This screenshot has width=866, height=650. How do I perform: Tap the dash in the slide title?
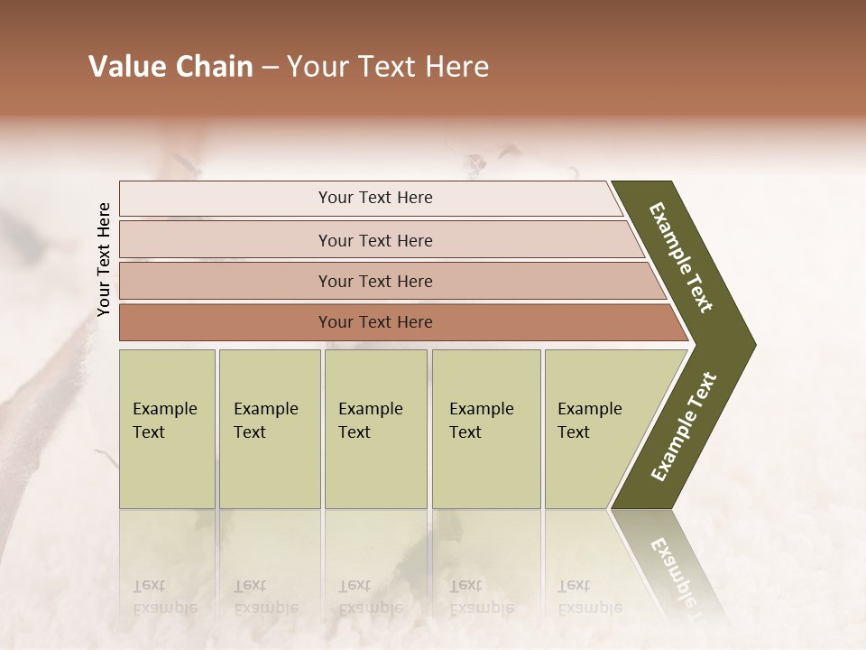[x=270, y=68]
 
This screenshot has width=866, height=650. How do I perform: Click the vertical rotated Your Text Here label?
[x=104, y=260]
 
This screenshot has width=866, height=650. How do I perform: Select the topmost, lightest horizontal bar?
[x=374, y=198]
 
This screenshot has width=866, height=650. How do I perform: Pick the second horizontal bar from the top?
[x=374, y=240]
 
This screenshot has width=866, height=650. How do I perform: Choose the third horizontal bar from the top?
[x=374, y=281]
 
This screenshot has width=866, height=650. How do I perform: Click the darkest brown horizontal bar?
[x=374, y=322]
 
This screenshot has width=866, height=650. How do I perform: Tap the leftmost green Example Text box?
[x=167, y=429]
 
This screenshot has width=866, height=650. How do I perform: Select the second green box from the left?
[x=269, y=429]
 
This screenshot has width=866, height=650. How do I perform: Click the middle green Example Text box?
[x=375, y=429]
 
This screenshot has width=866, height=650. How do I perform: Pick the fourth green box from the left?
[x=485, y=429]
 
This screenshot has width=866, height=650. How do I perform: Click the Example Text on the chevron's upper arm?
[x=682, y=257]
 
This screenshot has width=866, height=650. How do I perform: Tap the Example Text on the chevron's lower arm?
[x=684, y=427]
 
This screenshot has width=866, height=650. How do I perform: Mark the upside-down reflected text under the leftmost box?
[x=164, y=597]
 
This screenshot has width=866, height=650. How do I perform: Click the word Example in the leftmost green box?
[x=164, y=409]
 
